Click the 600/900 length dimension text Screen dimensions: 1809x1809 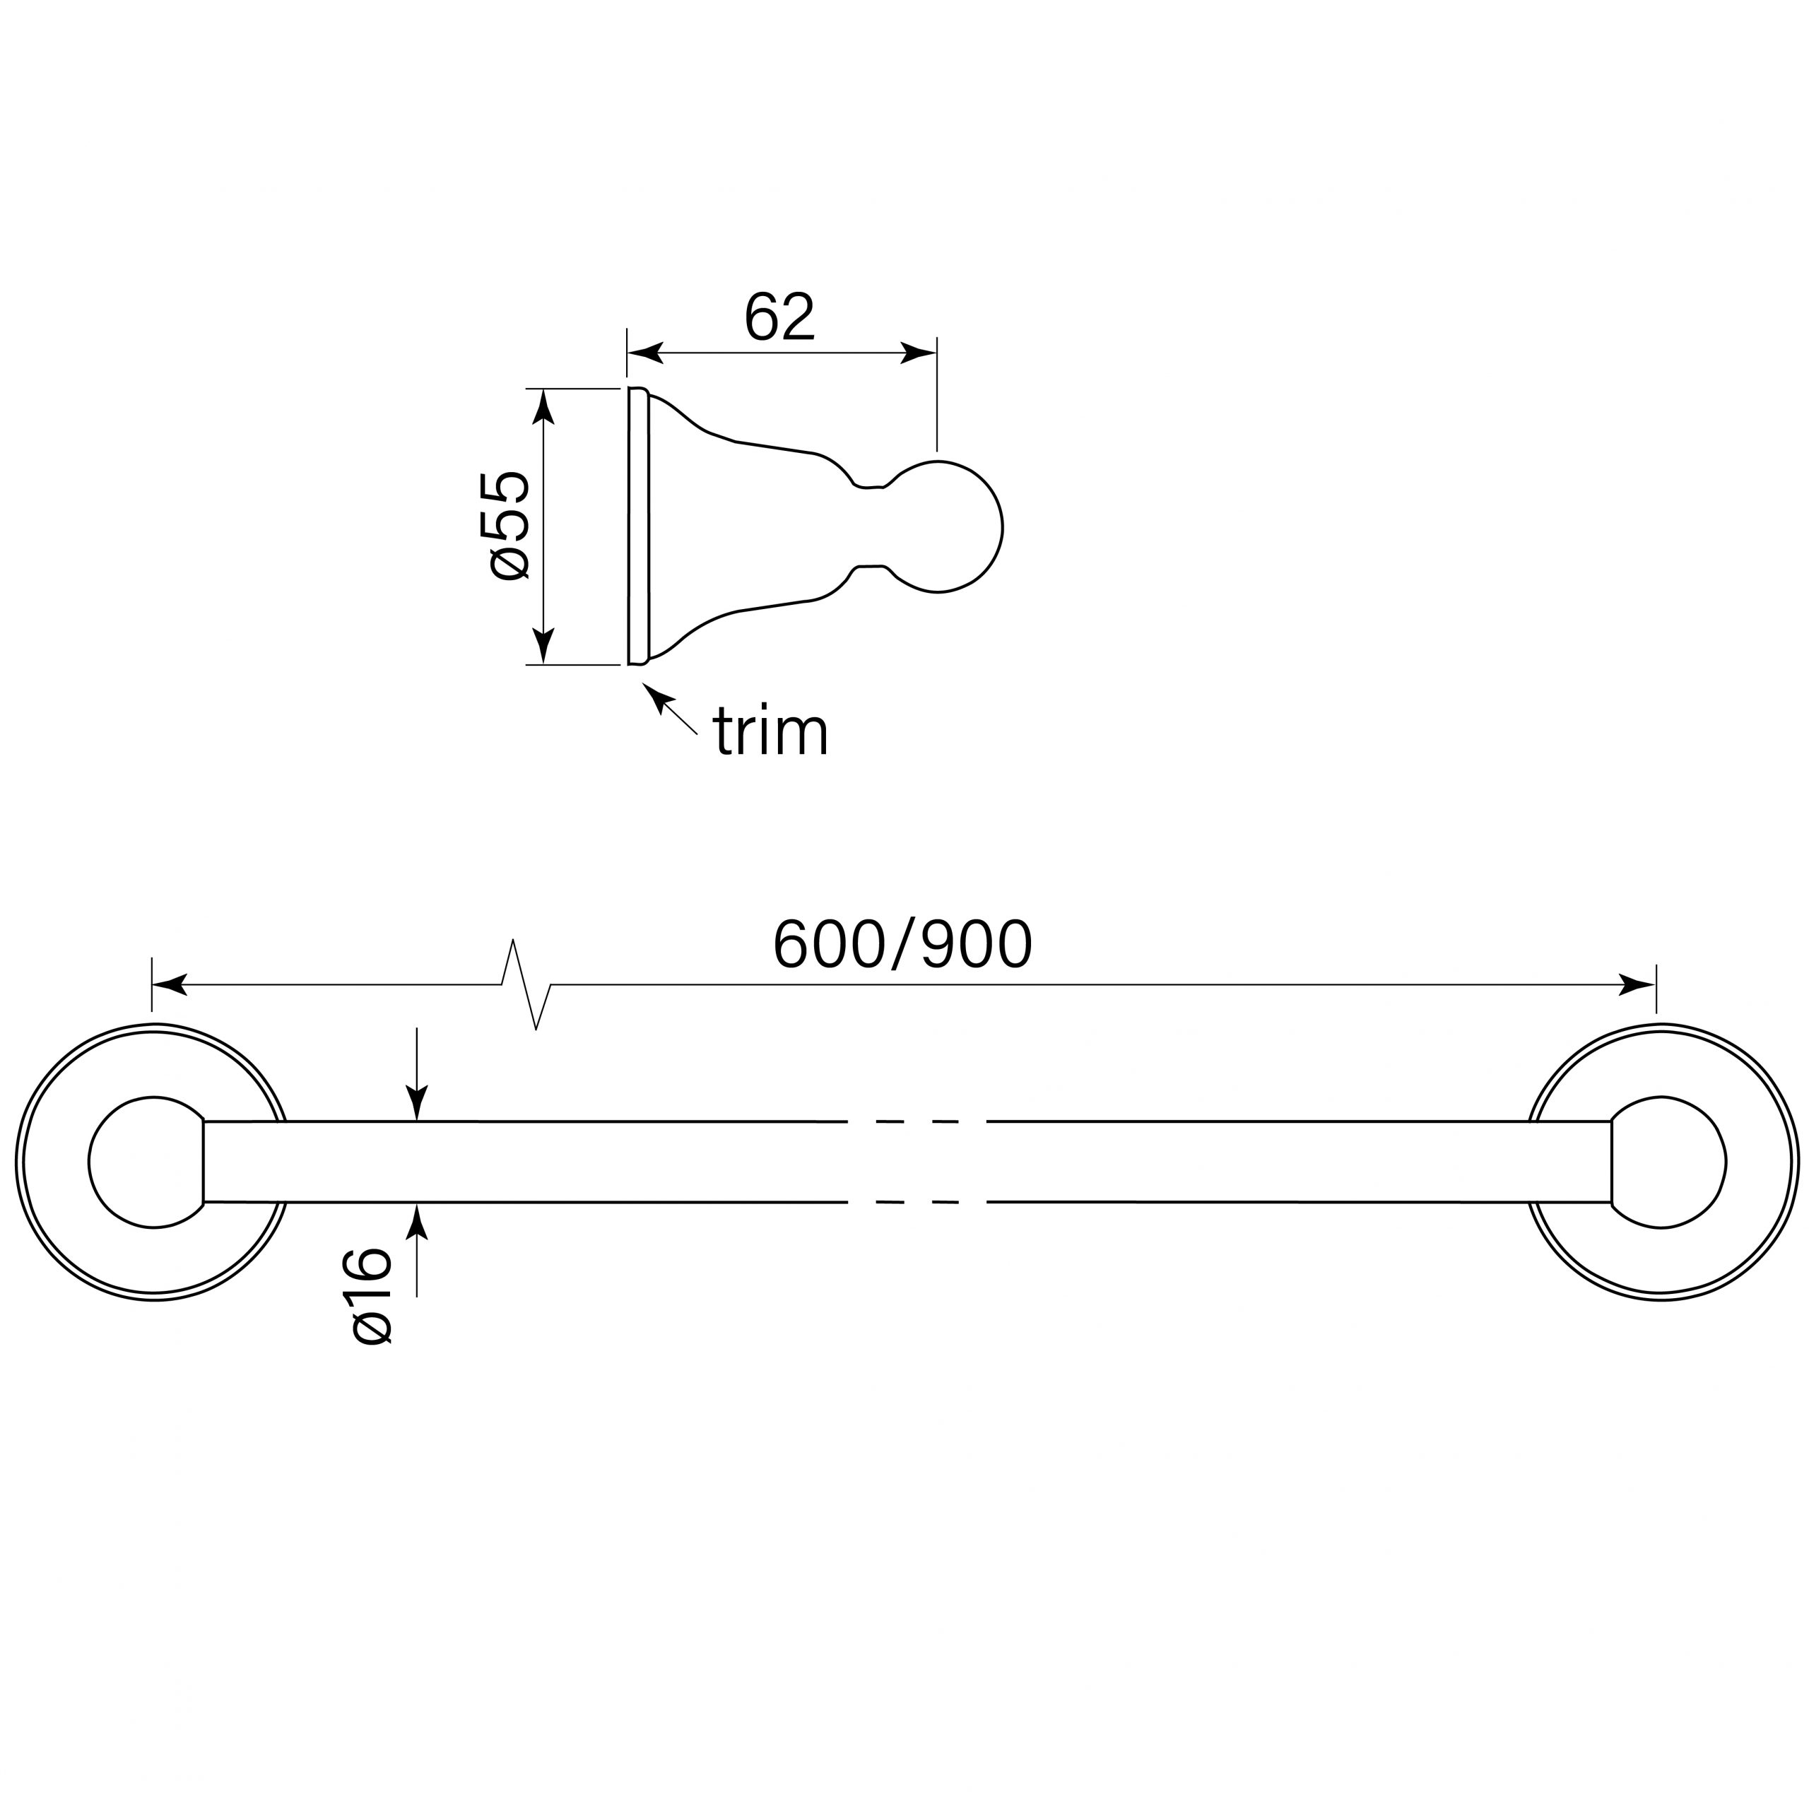902,945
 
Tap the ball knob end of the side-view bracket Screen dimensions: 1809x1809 945,527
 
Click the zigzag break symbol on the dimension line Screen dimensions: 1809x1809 527,985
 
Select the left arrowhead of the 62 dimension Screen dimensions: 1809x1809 645,353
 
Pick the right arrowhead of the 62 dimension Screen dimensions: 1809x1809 919,353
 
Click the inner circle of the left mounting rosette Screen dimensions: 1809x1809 147,1161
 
